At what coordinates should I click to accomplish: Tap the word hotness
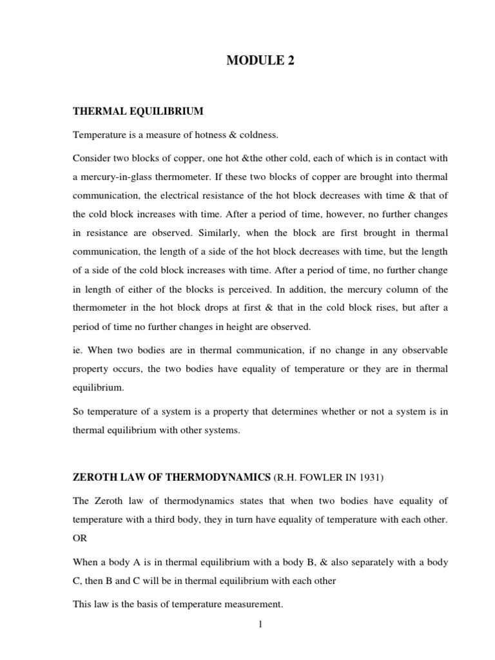coord(206,135)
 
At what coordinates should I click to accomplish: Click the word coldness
coord(258,135)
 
